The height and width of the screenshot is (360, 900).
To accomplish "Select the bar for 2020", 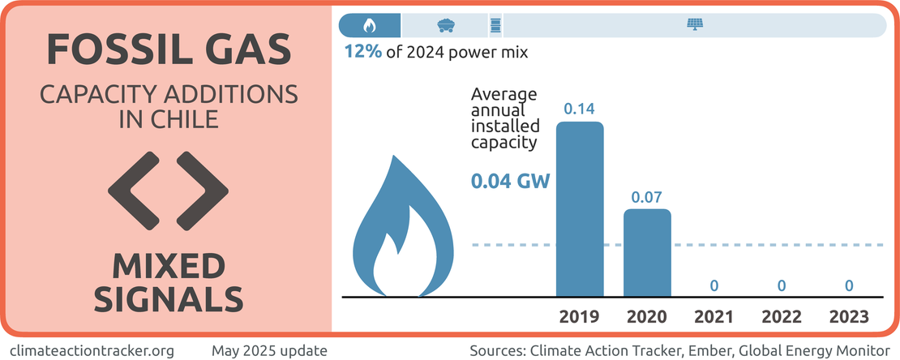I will click(x=647, y=253).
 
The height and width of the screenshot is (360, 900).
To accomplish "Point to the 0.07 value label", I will click(x=647, y=197).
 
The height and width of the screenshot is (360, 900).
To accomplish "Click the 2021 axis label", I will click(x=714, y=316).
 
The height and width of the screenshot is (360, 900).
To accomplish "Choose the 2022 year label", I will click(x=782, y=316).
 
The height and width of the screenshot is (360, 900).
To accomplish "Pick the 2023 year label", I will click(x=849, y=316).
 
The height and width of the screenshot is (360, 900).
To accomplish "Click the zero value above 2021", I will click(x=714, y=285).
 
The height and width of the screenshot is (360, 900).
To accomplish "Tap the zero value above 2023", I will click(x=849, y=285).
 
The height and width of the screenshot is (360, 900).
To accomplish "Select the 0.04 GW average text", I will click(x=511, y=181).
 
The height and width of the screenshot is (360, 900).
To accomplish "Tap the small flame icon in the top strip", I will click(x=370, y=25).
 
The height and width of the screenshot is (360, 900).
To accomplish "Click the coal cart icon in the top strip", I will click(x=444, y=25).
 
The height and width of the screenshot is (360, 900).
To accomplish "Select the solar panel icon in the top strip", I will click(x=695, y=25).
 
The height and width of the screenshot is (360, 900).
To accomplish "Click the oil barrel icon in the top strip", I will click(x=495, y=25).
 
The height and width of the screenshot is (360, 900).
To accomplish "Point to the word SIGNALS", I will click(x=168, y=298).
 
